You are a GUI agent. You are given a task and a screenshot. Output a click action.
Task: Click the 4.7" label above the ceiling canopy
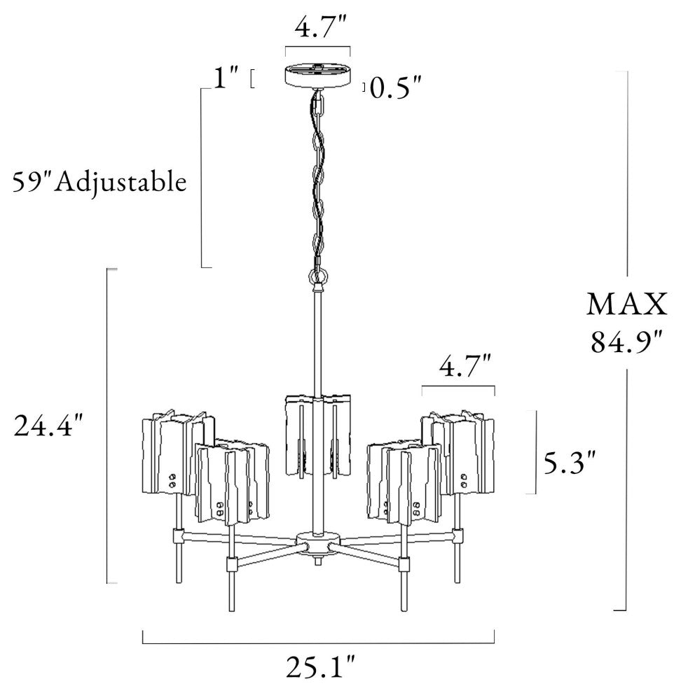point(322,27)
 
